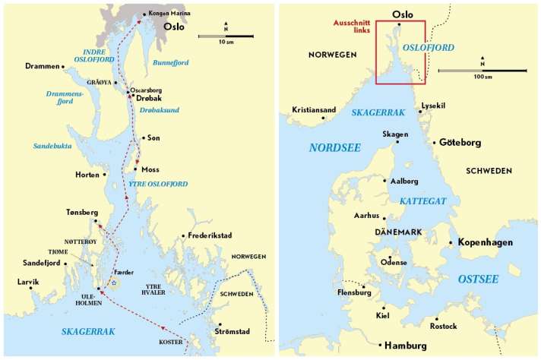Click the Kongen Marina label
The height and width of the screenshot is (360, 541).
[x=171, y=14]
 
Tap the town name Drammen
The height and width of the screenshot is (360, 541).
[x=42, y=66]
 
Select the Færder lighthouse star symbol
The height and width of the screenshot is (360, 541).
[x=114, y=283]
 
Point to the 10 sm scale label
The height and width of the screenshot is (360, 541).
[x=226, y=43]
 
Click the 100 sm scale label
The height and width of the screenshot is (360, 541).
[x=482, y=77]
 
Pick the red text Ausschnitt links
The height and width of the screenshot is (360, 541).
[x=350, y=27]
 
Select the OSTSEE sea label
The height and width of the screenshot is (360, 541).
[x=478, y=279]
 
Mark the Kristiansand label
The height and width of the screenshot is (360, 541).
[x=314, y=110]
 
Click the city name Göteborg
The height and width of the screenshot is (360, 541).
[x=460, y=143]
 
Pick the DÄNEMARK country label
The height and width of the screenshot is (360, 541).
[x=398, y=232]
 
